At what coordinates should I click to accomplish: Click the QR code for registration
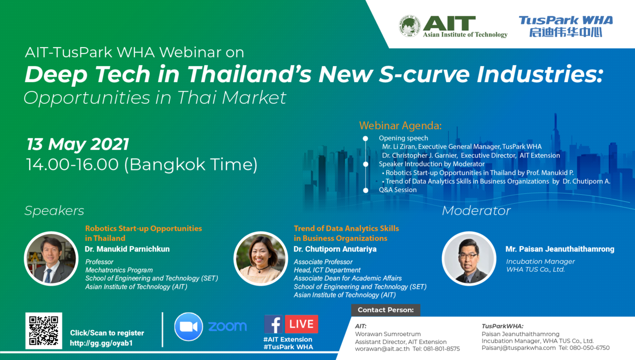coord(43,330)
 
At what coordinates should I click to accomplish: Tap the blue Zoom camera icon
coord(188,327)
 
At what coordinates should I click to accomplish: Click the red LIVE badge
coord(301,324)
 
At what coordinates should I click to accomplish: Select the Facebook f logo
coord(273,324)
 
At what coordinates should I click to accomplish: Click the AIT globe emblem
coord(410,26)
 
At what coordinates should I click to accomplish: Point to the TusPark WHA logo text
coord(566,26)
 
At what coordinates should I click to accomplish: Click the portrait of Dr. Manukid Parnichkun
coord(51,258)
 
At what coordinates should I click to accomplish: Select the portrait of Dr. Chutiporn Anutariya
coord(260,258)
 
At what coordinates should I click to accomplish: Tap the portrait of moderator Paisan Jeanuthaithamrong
coord(469,258)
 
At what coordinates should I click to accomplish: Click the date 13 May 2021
coord(78,144)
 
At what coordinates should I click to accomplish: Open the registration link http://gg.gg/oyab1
coord(101,343)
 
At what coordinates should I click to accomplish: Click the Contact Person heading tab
coord(386,310)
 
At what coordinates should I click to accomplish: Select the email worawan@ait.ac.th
coord(382,349)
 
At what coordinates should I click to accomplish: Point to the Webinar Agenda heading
coord(400,125)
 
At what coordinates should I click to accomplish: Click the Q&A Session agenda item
coord(398,190)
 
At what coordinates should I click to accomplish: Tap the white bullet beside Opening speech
coord(366,138)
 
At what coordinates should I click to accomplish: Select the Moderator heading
coord(476,211)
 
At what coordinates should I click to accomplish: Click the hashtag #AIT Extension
coord(288,339)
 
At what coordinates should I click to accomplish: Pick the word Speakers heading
coord(55,211)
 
